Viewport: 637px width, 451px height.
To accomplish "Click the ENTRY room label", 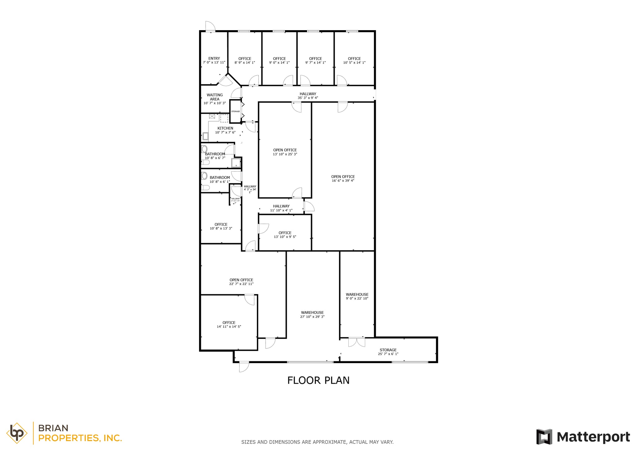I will coord(214,60).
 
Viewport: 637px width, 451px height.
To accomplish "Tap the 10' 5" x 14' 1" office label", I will coord(354,60).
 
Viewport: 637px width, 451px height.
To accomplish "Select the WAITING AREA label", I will coord(215,99).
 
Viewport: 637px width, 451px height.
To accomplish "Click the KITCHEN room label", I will coord(225,130).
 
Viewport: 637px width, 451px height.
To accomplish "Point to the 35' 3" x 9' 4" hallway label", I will coord(308,96).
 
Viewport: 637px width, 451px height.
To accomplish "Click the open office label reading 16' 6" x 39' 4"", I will coord(343,178).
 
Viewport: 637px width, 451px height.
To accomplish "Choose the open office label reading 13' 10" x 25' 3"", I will coord(285,152).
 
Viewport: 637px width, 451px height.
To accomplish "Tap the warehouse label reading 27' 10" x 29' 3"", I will coord(312,314).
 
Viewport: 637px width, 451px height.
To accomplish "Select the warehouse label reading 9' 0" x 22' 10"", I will coord(357,296).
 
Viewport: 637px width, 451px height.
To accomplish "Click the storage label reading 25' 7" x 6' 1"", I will coord(388,352).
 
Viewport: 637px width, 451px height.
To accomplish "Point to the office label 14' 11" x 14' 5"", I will coord(229,325).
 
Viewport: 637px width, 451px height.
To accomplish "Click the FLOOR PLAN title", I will coord(318,380).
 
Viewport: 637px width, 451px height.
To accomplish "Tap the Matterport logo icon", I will coord(544,437).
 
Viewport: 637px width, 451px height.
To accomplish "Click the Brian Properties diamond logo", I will coord(17,433).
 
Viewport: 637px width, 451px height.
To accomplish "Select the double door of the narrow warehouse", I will coord(356,342).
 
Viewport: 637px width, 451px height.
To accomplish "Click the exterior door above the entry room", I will coord(210,26).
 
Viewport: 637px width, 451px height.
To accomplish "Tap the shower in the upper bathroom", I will coord(236,162).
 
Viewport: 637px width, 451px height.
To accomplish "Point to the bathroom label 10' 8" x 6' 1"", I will coord(220,179).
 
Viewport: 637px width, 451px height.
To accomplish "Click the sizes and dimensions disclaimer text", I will coord(317,442).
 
